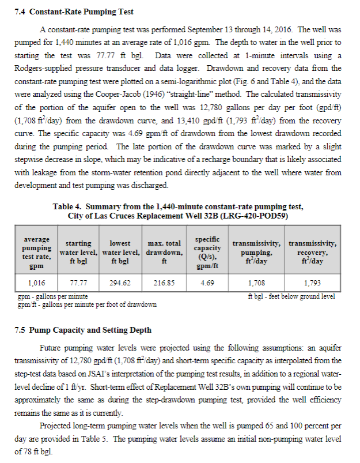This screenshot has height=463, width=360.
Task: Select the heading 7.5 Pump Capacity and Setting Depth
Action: tap(82, 330)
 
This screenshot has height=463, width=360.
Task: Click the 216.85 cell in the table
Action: tap(164, 283)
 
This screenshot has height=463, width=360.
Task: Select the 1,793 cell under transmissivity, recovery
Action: tap(313, 283)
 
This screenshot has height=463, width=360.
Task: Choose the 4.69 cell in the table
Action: tap(207, 283)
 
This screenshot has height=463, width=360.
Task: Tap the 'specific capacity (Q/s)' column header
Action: tap(207, 252)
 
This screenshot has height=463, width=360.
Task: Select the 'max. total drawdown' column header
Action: tap(164, 253)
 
